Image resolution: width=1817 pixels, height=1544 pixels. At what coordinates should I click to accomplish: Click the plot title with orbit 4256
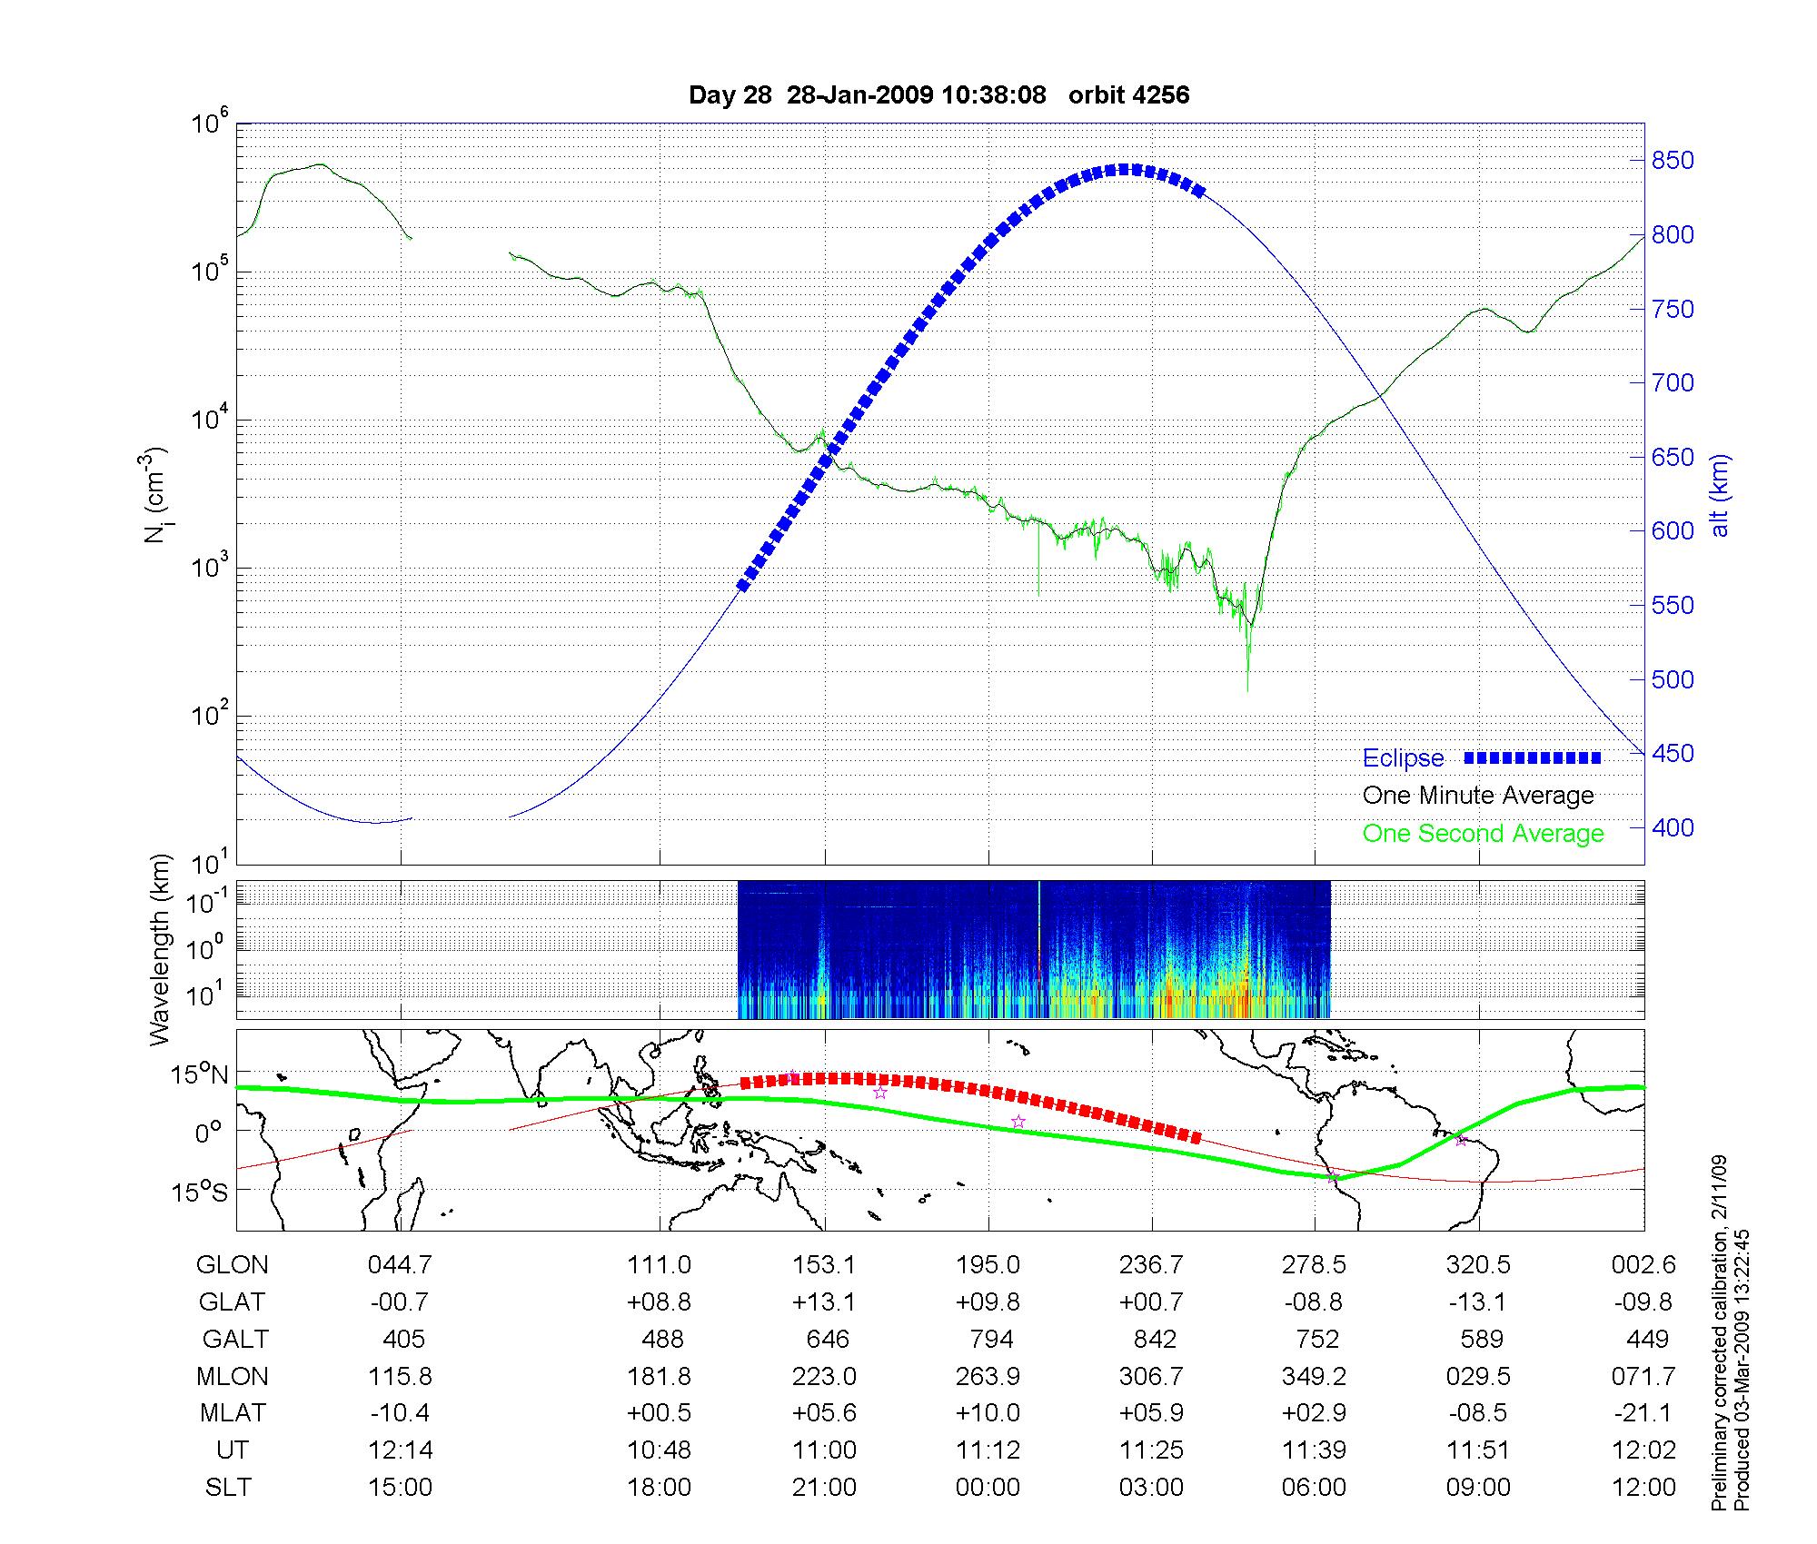click(938, 95)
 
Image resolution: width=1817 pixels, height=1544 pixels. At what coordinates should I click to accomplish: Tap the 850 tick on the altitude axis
click(1672, 161)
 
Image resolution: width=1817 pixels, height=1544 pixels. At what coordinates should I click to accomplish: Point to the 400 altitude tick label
click(1672, 827)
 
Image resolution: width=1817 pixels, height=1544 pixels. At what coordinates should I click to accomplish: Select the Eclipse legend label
click(1403, 758)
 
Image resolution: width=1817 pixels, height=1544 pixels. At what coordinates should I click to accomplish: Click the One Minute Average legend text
click(1478, 796)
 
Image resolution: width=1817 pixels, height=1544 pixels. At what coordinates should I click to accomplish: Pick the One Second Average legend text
click(1483, 834)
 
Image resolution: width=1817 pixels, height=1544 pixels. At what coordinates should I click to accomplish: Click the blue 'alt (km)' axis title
click(1720, 495)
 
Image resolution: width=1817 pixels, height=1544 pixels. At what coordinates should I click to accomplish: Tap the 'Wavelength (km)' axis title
click(161, 949)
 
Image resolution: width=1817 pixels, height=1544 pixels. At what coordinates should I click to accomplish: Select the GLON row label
click(232, 1265)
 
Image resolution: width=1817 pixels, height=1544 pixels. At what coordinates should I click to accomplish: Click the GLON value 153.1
click(824, 1265)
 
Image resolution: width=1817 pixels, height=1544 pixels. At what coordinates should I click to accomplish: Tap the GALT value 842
click(1155, 1340)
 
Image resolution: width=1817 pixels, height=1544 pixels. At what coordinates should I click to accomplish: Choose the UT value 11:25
click(1151, 1450)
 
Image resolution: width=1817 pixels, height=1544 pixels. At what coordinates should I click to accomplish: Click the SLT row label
click(228, 1488)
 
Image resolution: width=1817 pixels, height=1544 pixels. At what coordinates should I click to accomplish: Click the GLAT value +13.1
click(824, 1302)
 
